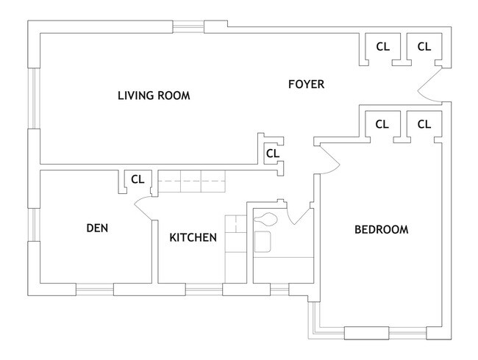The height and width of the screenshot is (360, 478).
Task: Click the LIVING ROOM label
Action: point(154,96)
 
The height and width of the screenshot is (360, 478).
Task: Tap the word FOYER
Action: point(307,84)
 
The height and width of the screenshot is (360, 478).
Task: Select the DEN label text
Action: point(97,228)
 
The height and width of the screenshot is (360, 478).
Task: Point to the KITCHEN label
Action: point(193,237)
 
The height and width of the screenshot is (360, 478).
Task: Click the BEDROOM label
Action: point(382,230)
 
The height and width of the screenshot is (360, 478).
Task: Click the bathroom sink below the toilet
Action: point(263,242)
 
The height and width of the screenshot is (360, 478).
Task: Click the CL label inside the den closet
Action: point(138,179)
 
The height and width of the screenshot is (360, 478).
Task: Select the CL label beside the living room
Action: point(273,154)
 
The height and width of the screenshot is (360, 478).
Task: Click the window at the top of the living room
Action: point(188,26)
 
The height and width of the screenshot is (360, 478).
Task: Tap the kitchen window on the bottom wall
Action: point(204,289)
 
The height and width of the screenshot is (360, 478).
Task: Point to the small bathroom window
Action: point(279,289)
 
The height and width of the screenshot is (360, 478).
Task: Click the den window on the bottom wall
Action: point(95,289)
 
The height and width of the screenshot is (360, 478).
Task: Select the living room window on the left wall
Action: point(34,98)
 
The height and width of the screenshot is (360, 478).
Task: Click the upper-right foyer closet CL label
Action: point(424,47)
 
